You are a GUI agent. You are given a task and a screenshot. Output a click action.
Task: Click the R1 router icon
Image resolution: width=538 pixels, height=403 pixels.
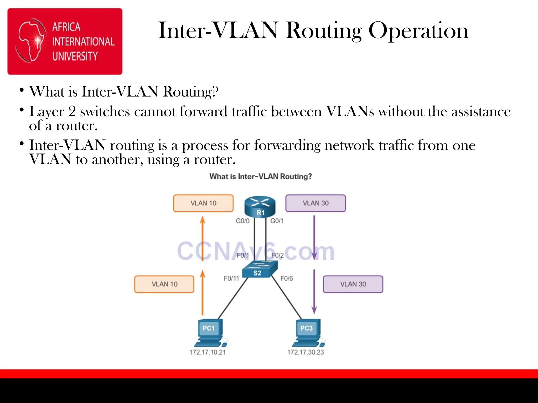coord(260,206)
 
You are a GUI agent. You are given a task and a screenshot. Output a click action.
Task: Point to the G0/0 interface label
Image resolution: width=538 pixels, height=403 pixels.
coord(242,221)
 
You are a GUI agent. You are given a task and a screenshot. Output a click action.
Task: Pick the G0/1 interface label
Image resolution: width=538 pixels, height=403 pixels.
coord(277,221)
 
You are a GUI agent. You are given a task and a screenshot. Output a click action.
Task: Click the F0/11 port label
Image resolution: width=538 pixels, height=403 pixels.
coord(231,278)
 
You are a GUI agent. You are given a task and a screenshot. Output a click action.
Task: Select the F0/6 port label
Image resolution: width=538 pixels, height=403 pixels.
coord(286,278)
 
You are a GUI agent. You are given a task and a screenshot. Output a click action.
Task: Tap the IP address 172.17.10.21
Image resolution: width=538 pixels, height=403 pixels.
coord(208,352)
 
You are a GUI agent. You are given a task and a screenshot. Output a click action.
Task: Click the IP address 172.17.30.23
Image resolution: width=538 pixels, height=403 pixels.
coord(306,352)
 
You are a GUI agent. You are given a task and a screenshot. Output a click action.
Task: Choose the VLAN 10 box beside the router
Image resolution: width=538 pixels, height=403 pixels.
coord(203,203)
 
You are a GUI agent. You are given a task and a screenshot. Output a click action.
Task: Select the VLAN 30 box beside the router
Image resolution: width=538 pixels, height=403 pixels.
coord(315,203)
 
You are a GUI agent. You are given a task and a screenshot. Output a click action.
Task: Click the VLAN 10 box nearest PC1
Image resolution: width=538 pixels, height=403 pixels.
coord(164,284)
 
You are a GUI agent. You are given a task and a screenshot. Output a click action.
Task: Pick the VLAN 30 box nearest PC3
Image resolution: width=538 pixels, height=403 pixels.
coord(353,284)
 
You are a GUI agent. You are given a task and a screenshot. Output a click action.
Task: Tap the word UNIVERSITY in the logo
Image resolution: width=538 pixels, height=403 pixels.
coord(75,56)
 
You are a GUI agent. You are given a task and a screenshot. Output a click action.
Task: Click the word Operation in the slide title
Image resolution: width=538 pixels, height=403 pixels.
coord(418,31)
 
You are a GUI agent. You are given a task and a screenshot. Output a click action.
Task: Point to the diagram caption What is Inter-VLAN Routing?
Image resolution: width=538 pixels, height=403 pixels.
coord(261,176)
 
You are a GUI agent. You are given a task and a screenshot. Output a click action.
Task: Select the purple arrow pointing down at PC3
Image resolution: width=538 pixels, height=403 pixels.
coord(314,291)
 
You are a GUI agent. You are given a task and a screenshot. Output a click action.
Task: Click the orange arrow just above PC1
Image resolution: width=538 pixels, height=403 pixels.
coord(202,293)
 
